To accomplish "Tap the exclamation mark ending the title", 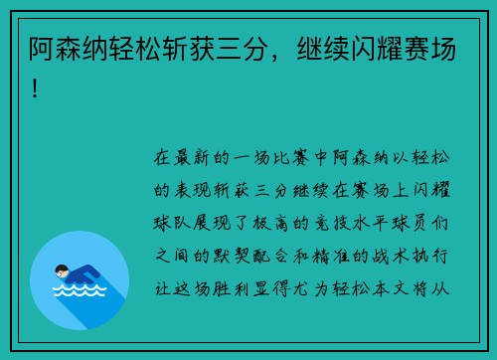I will (38, 90).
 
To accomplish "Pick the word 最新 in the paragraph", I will (195, 157).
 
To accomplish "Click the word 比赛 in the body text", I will (297, 157).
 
